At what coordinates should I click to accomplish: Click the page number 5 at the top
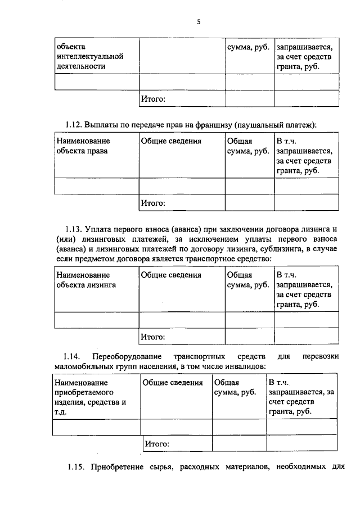(199, 22)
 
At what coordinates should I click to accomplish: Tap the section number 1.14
(73, 357)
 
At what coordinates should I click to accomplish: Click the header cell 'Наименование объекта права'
(83, 146)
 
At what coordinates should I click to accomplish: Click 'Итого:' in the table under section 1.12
(152, 202)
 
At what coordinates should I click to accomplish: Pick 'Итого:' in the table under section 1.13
(152, 337)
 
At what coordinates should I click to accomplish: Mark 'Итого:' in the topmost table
(152, 99)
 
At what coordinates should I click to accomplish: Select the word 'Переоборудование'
(128, 357)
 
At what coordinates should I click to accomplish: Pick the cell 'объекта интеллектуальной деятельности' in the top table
(89, 56)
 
